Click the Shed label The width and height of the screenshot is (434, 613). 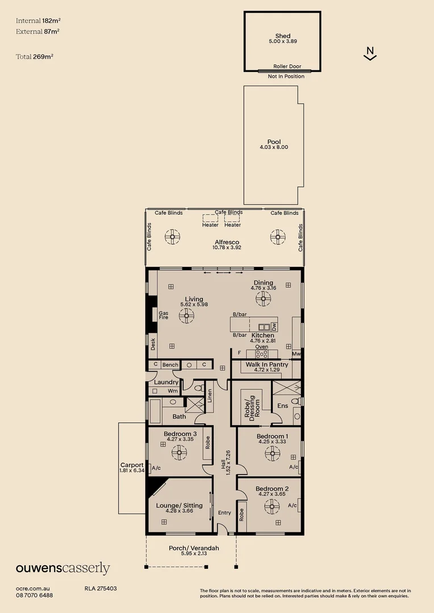pos(282,36)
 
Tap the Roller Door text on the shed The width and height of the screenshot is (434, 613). pos(287,66)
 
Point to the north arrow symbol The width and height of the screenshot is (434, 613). pos(370,54)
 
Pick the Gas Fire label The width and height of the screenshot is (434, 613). pos(164,315)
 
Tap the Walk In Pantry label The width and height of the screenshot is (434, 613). pos(266,364)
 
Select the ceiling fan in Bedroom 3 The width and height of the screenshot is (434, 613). pos(179,452)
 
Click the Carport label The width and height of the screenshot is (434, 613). pos(132,465)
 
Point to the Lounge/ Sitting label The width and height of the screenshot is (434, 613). pos(179,505)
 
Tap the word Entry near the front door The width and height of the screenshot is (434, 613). pos(224,513)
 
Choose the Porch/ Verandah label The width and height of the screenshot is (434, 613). pos(194,548)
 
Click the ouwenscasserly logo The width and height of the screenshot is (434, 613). pos(62,569)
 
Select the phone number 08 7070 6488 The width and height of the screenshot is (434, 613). pos(35,595)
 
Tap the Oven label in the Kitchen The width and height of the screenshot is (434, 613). pos(261,347)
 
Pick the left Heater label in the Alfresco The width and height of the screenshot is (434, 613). pos(210,225)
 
